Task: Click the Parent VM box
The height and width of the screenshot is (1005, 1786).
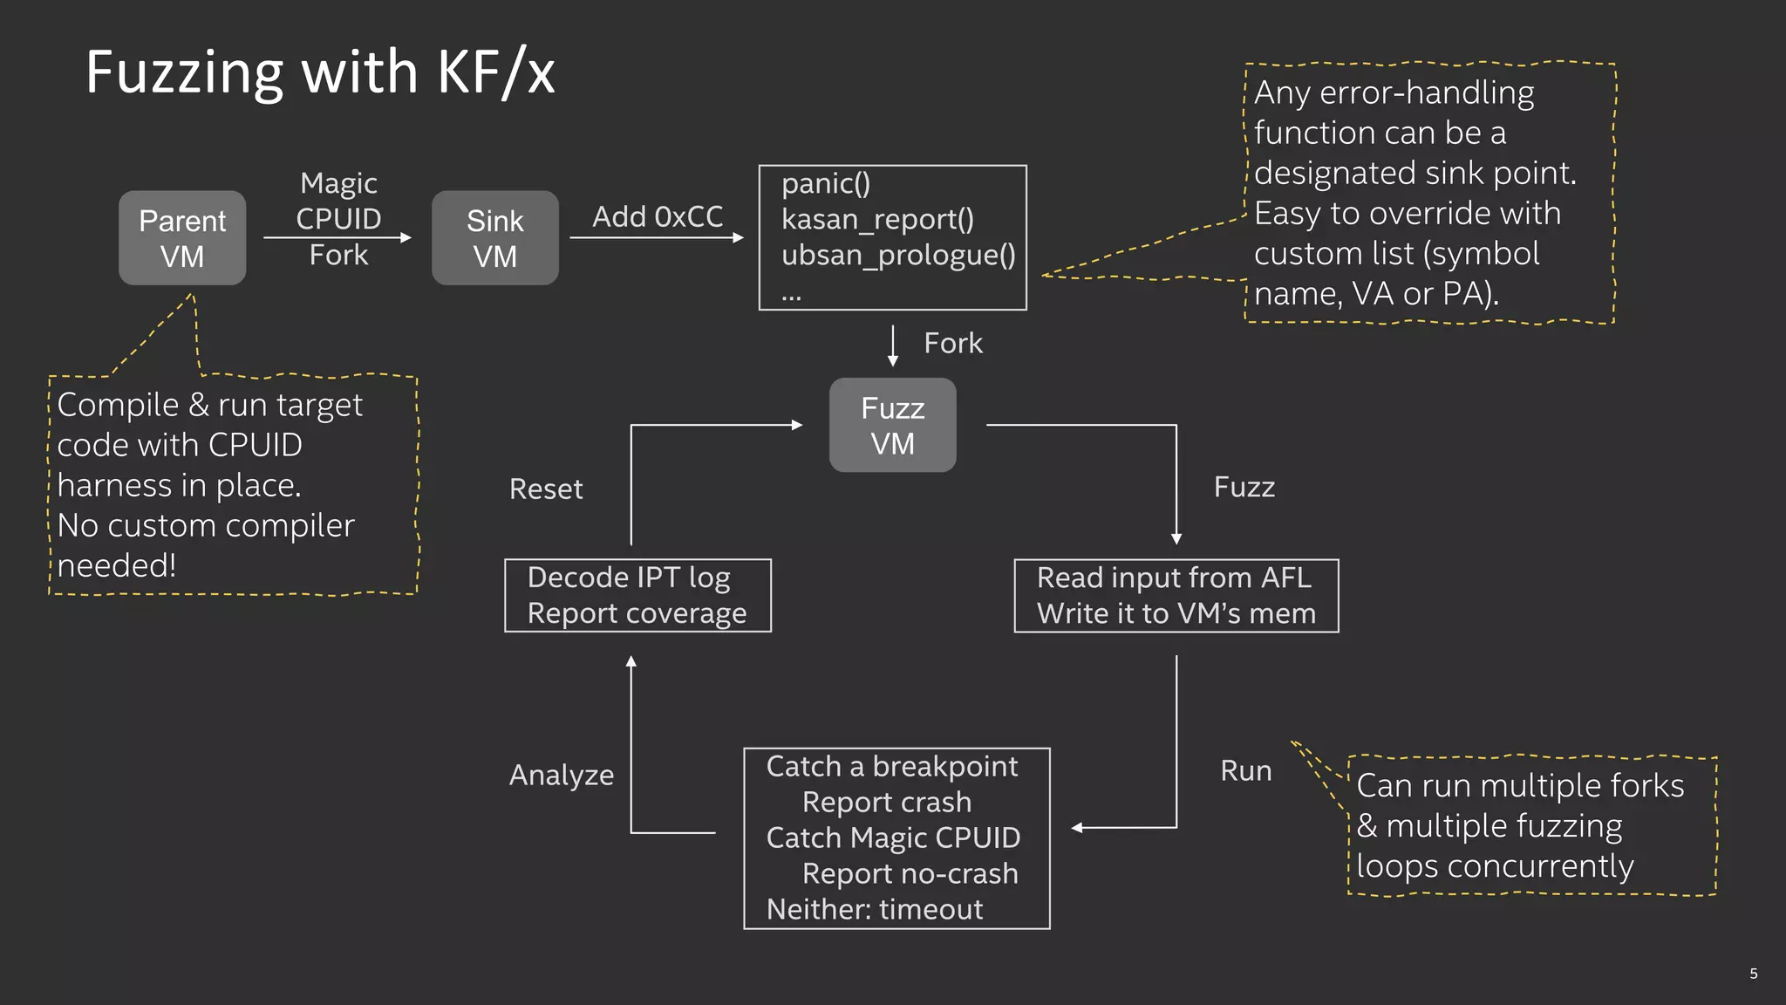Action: [182, 238]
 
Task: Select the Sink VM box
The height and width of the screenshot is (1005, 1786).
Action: [494, 238]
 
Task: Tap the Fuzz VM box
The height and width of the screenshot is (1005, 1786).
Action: [892, 426]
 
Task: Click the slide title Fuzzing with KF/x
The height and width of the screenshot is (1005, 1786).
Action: [320, 72]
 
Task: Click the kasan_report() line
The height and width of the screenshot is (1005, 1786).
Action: [876, 220]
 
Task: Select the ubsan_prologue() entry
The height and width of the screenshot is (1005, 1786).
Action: [897, 256]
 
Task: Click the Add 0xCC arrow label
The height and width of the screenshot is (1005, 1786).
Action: [658, 217]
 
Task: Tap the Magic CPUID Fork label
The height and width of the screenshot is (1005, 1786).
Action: [338, 219]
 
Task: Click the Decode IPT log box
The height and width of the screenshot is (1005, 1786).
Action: [637, 596]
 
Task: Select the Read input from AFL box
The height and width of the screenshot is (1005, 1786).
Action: [1176, 596]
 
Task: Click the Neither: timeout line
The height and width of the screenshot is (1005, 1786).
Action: [874, 910]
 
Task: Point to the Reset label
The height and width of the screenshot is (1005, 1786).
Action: [546, 489]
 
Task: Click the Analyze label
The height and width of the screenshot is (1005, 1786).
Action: [562, 776]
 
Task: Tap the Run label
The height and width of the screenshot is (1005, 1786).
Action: [1245, 771]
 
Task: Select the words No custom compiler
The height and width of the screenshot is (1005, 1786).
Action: [206, 526]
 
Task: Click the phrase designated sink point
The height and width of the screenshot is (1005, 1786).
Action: [1414, 174]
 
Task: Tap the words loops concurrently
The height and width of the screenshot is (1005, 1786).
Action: [1495, 867]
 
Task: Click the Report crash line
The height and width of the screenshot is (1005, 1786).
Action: [886, 803]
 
